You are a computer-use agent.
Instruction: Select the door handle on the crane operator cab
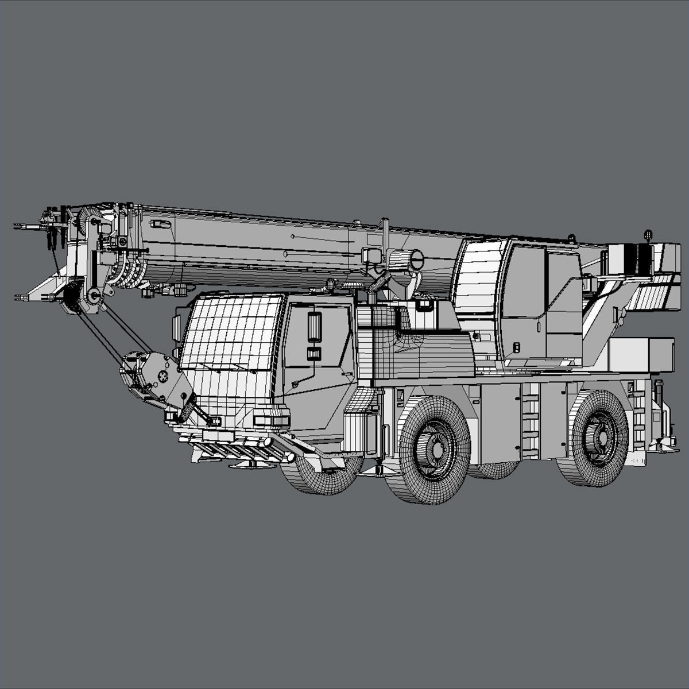coord(516,347)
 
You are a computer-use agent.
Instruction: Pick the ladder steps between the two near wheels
coord(531,419)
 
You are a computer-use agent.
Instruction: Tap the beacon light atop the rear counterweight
coord(649,234)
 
